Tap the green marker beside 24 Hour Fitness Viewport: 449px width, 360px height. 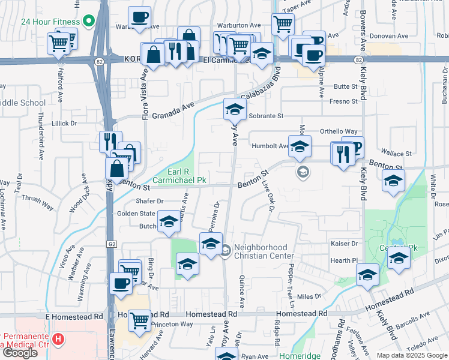tap(89, 22)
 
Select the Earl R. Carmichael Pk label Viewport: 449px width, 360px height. tap(179, 175)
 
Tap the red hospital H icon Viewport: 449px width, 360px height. tap(58, 340)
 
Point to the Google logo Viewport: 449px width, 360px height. tap(20, 353)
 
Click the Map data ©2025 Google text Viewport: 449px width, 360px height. tap(411, 355)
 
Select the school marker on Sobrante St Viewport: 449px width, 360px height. tap(235, 109)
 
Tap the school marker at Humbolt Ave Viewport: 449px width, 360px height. tap(300, 146)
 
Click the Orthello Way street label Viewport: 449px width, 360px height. tap(339, 131)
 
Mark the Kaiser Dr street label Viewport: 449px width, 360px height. tap(345, 244)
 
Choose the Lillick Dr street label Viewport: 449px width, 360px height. tap(65, 123)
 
